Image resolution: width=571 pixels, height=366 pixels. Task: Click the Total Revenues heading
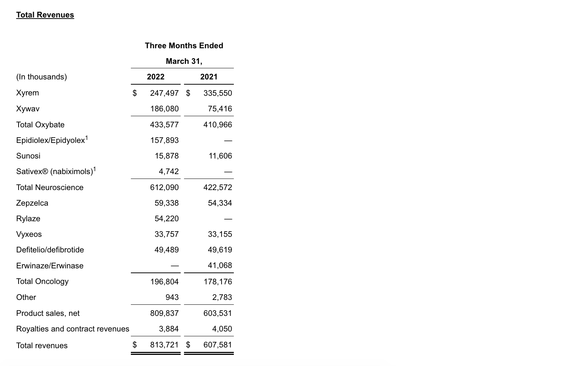45,15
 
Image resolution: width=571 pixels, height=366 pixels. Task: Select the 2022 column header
155,77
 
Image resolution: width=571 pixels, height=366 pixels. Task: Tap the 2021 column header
209,77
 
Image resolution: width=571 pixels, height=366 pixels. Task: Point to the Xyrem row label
28,93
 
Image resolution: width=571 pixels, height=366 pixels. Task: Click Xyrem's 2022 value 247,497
164,93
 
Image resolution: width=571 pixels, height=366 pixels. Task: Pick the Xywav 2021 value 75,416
220,109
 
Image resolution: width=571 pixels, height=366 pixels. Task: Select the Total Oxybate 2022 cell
164,125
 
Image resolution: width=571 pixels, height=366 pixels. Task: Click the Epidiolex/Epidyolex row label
51,140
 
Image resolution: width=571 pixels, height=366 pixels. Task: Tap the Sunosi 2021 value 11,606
220,156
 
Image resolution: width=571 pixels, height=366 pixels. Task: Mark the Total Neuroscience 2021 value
217,187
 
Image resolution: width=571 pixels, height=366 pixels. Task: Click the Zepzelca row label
32,203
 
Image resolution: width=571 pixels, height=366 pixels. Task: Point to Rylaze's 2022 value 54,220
167,219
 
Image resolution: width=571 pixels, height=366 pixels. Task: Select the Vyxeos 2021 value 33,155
220,234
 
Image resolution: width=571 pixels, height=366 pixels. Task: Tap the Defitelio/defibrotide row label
50,250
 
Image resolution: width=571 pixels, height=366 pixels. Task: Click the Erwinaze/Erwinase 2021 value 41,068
220,265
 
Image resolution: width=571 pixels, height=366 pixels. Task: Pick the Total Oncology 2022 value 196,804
164,282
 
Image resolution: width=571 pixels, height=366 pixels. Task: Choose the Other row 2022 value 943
172,297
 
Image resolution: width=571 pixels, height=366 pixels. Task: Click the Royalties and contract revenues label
73,329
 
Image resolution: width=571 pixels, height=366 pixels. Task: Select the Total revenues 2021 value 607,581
217,345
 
